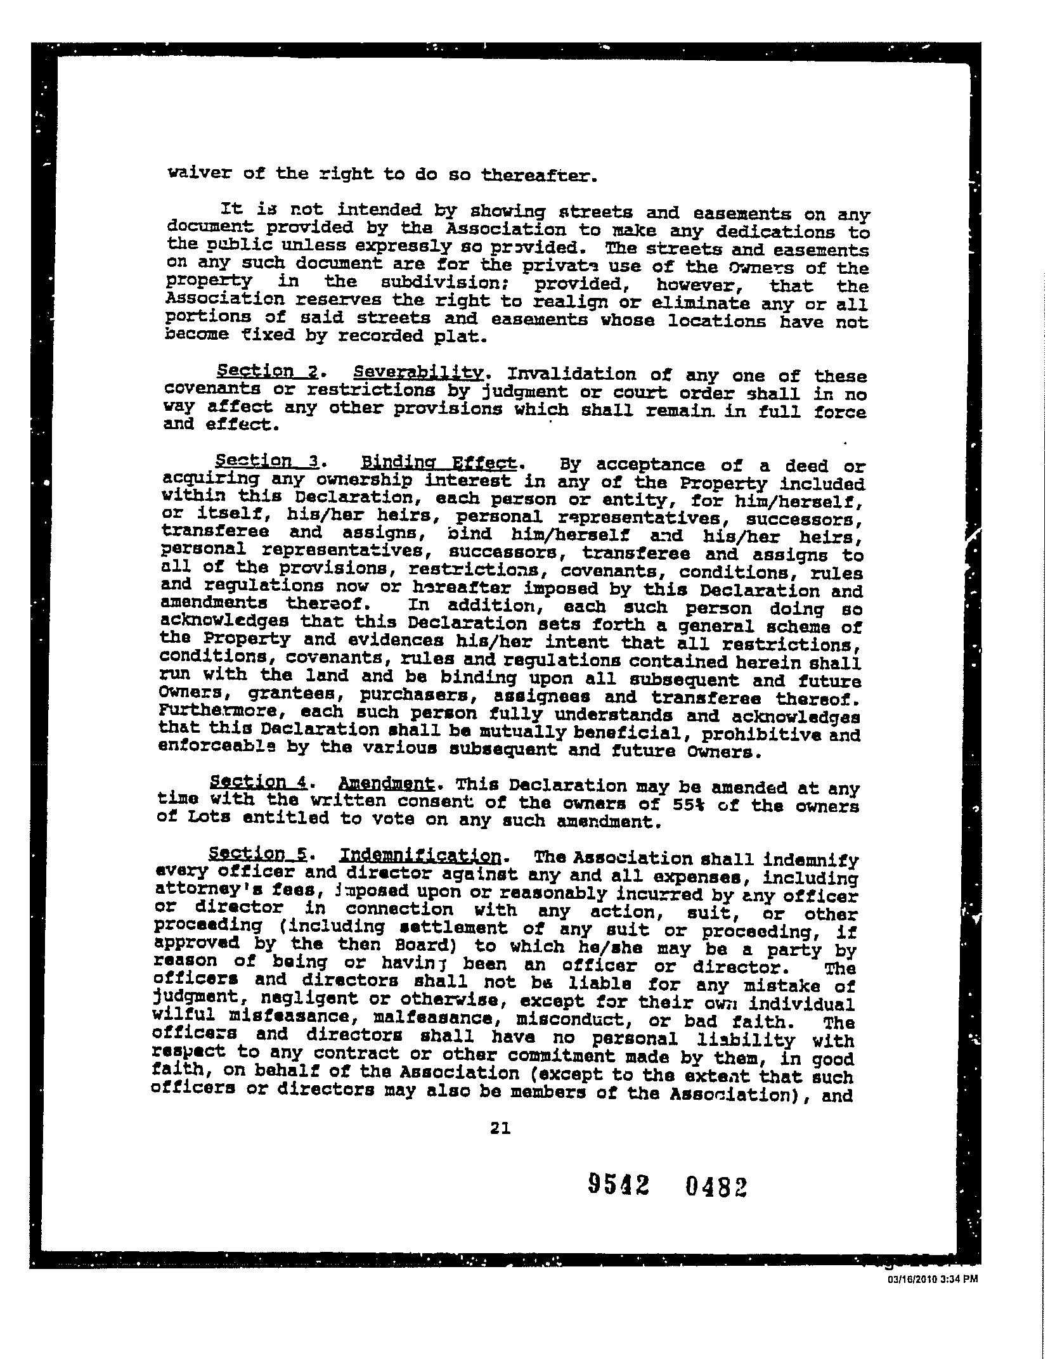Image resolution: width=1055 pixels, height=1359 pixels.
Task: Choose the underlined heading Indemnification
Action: (x=421, y=856)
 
